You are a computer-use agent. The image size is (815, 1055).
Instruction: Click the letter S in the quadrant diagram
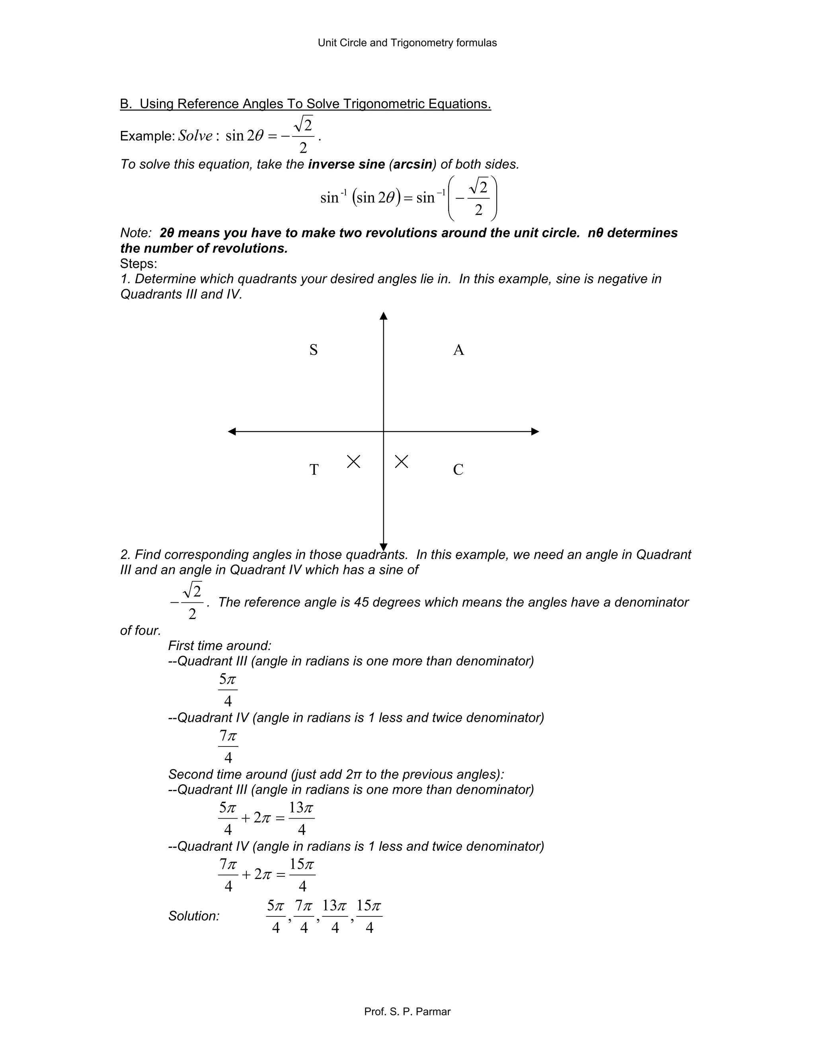tap(313, 350)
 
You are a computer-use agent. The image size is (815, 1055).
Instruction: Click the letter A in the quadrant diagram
tap(458, 350)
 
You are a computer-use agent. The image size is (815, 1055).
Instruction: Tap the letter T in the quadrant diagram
tap(314, 469)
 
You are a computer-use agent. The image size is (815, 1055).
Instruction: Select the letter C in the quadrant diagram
tap(458, 469)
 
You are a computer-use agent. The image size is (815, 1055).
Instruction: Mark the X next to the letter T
tap(353, 462)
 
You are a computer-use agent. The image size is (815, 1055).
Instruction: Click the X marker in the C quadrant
tap(401, 462)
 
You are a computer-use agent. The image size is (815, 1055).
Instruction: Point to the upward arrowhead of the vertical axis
tap(383, 316)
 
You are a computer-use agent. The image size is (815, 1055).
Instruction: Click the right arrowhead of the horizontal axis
tap(535, 432)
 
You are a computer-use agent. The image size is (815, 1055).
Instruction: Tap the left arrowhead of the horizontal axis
tap(232, 432)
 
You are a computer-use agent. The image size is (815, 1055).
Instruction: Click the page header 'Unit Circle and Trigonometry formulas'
tap(407, 43)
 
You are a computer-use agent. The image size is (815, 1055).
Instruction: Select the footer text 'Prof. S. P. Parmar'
tap(407, 1012)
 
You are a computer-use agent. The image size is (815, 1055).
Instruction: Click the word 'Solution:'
tap(194, 916)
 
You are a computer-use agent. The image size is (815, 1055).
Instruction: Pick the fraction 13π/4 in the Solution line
tap(335, 916)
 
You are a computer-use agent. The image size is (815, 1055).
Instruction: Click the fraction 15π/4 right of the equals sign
tap(302, 875)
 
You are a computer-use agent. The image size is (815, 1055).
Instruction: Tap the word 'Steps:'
tap(138, 264)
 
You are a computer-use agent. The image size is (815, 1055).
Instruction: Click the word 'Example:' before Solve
tap(147, 136)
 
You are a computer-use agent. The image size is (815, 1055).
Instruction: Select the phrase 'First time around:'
tap(220, 646)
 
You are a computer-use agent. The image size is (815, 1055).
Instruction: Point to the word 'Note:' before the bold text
tap(136, 233)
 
